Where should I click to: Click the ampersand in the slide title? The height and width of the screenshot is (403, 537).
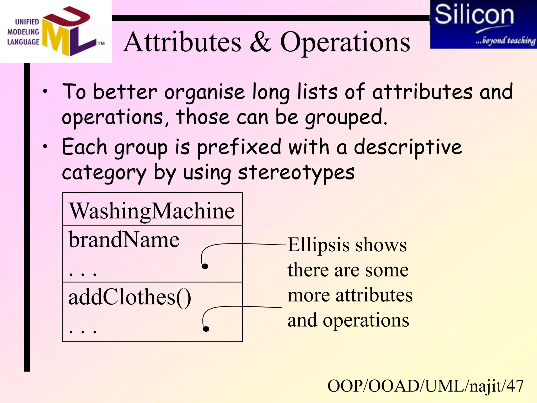coord(261,42)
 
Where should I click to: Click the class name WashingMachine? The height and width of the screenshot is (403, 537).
coord(152,211)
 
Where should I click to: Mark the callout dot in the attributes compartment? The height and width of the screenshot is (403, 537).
coord(205,266)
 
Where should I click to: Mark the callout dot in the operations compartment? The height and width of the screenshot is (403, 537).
coord(206,329)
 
